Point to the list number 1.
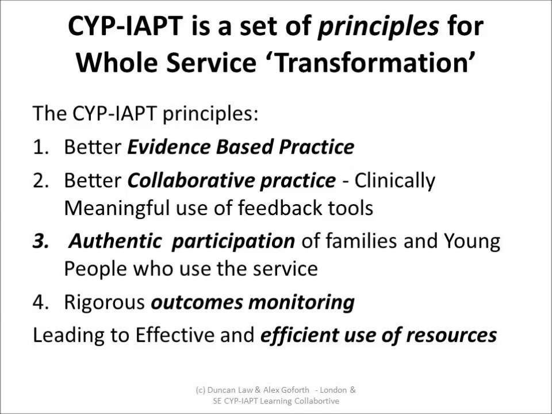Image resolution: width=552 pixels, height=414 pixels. point(41,147)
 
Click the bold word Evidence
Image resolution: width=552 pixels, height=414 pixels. point(168,147)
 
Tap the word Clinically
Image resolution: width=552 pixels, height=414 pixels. point(395,181)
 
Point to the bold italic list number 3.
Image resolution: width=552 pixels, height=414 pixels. point(41,241)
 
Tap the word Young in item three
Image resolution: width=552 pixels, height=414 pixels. point(471,241)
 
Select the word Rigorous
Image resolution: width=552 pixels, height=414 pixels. point(104,302)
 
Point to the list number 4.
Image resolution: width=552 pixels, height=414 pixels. point(41,302)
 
